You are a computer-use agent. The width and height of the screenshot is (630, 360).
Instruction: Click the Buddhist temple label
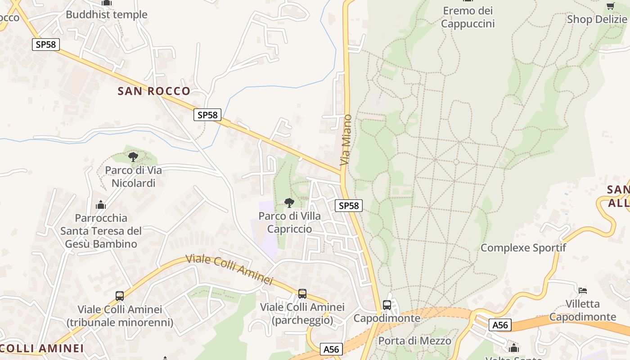(x=107, y=14)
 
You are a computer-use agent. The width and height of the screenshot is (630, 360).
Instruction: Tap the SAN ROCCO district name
(x=154, y=91)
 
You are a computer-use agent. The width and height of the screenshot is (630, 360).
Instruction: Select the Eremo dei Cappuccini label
(x=468, y=17)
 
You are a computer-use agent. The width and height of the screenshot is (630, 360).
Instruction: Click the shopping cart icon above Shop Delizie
(x=610, y=6)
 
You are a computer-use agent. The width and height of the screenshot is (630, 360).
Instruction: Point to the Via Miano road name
(x=346, y=140)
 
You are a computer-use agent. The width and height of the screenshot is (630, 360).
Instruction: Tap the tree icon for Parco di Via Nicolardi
(x=133, y=157)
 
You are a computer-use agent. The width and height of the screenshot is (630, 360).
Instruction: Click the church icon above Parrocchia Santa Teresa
(x=101, y=205)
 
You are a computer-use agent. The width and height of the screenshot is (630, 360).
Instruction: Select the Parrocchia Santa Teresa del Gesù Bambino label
(x=101, y=231)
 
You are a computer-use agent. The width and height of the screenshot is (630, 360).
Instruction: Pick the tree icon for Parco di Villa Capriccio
(x=289, y=203)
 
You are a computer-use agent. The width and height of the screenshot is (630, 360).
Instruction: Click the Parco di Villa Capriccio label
(x=289, y=222)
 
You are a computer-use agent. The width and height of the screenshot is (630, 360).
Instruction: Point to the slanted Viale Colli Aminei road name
(x=229, y=269)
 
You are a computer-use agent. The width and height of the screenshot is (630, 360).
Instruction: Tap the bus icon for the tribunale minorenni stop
(x=120, y=296)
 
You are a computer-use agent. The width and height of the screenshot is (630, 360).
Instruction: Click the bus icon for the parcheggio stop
(x=302, y=294)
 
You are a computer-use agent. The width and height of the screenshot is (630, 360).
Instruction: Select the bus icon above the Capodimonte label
(x=387, y=305)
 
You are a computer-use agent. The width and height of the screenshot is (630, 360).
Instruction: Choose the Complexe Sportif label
(x=523, y=247)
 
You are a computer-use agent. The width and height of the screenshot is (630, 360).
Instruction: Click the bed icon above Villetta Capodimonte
(x=583, y=290)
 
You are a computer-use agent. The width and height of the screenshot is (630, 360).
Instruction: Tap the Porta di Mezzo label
(x=414, y=341)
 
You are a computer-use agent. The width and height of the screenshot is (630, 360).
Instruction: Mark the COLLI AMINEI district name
(x=42, y=348)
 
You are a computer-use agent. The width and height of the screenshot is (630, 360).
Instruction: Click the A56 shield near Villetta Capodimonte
(x=500, y=325)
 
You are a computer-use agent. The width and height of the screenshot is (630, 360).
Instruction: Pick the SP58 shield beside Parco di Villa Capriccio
(x=349, y=206)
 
